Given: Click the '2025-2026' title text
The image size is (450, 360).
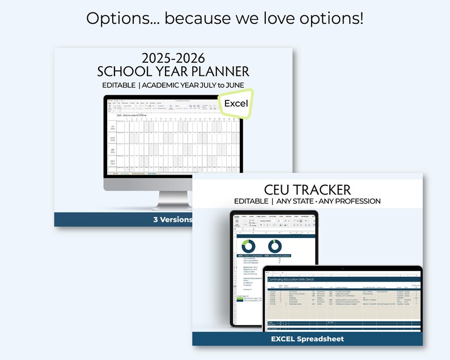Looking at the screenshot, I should [173, 58].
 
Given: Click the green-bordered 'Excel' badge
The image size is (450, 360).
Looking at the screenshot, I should [236, 104].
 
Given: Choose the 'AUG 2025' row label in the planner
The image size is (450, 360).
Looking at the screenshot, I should [112, 139].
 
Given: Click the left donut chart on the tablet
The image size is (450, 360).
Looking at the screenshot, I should [248, 246].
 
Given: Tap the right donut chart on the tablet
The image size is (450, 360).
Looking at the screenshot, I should [275, 246].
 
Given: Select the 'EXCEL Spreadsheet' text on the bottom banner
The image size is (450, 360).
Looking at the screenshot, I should [308, 339].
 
